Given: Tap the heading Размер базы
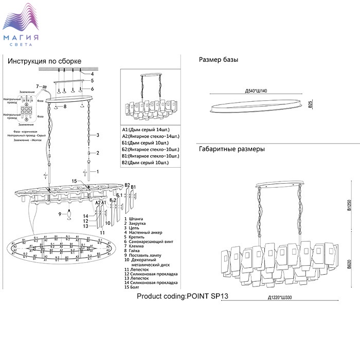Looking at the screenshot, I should [218, 60].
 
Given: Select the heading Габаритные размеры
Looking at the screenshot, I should [231, 150].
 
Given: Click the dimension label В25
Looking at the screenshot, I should [311, 104].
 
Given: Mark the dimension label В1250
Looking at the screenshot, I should [349, 205].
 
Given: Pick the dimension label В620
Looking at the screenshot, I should [349, 266].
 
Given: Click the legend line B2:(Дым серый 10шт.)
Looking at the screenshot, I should [146, 163].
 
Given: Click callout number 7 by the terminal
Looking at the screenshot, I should [37, 86].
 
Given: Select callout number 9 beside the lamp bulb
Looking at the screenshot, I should [60, 213].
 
